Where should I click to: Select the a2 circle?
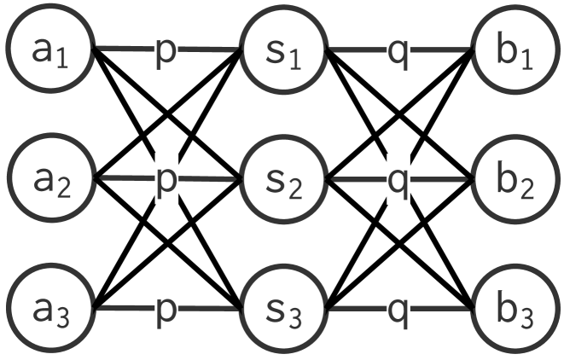(x=50, y=179)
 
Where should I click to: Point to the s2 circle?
(x=282, y=179)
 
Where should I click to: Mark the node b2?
(x=514, y=179)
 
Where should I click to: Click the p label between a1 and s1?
(x=167, y=51)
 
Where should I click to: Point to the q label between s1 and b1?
(x=398, y=51)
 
